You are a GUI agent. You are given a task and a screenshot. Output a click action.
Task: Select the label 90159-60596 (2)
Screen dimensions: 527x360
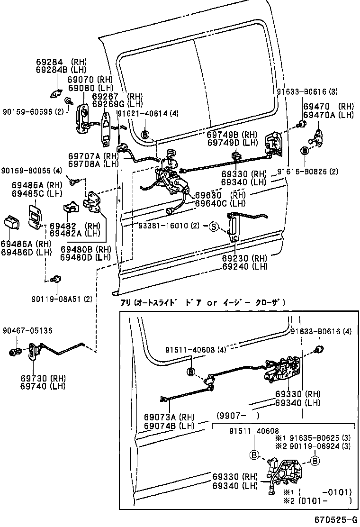[x=33, y=112]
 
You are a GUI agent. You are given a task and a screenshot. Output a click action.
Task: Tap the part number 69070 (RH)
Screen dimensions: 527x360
[x=90, y=80]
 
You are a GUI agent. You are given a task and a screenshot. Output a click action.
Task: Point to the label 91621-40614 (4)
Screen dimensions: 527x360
[x=148, y=114]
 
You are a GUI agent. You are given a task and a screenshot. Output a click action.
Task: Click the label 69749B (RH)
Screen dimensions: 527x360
[x=232, y=134]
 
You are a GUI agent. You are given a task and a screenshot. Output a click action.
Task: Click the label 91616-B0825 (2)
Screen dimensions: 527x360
[x=307, y=172]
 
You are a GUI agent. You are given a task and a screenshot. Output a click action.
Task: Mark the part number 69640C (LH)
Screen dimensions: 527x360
[x=220, y=203]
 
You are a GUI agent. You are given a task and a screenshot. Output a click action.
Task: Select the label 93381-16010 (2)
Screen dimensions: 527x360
[x=169, y=226]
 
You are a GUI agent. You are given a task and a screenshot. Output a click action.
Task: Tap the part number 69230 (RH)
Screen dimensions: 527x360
[x=244, y=258]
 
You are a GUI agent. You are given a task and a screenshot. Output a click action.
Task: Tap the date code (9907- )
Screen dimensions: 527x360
[x=238, y=416]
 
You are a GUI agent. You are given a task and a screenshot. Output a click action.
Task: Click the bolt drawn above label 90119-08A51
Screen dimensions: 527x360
[x=57, y=279]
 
